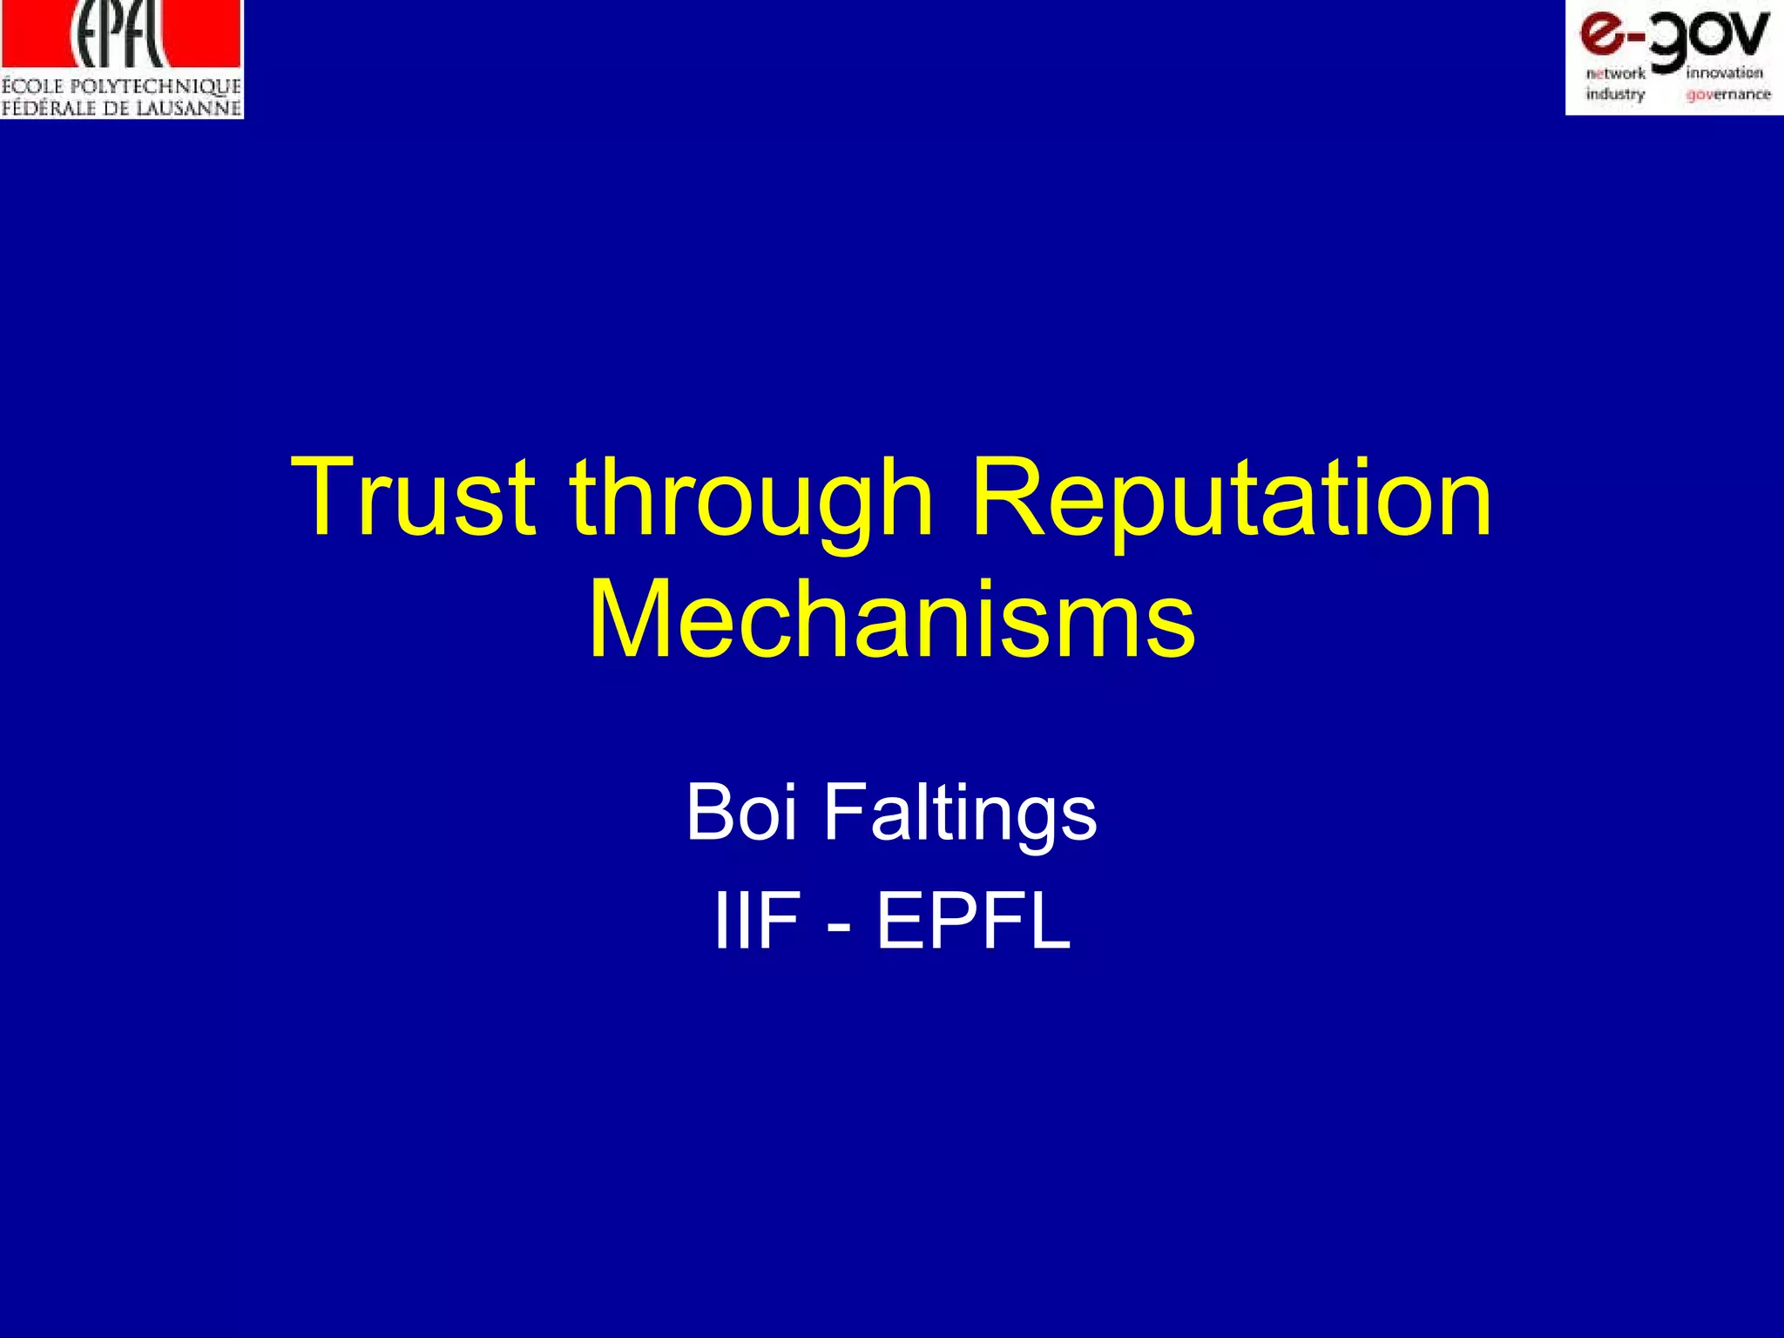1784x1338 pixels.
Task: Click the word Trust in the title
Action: pos(412,497)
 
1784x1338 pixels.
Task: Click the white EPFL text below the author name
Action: pos(973,922)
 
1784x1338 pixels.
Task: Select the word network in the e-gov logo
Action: pos(1616,74)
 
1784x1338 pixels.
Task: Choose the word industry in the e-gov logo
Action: pos(1615,94)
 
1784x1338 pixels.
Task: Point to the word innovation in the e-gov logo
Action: pos(1725,74)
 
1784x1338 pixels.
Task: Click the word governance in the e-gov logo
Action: pos(1728,94)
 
